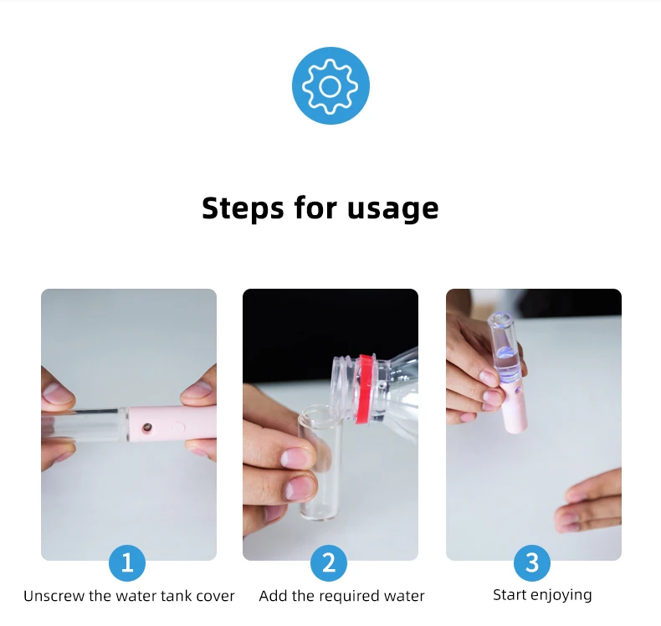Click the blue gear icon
[330, 85]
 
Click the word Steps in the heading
[243, 208]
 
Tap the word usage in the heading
[393, 209]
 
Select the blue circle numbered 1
[127, 562]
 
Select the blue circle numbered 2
[329, 562]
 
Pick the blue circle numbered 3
[532, 562]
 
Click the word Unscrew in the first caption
[54, 596]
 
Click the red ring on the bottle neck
[364, 388]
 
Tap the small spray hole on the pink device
[146, 428]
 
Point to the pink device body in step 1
[172, 424]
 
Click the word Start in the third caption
[510, 595]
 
